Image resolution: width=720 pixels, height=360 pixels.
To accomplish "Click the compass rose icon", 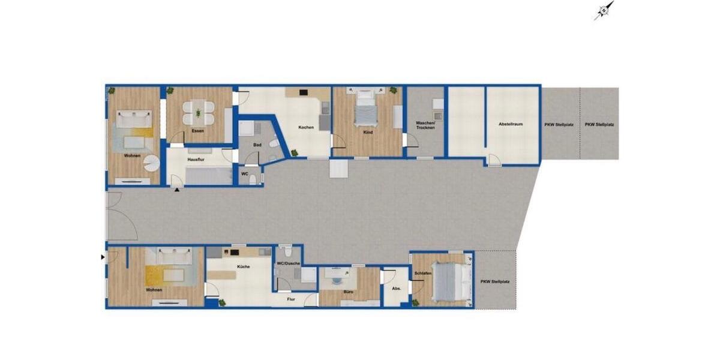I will pos(604,10).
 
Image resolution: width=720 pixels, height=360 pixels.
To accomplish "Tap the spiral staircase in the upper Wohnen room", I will pos(154,162).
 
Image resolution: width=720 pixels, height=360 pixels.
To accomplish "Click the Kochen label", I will pos(306,127).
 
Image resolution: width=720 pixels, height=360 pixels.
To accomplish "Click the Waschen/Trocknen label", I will pos(425,126).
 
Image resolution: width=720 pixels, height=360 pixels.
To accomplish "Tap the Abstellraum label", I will pos(511,124).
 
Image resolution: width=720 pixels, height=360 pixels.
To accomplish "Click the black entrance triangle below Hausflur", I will pos(177,190).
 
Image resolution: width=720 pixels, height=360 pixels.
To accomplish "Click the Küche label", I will pos(243,266).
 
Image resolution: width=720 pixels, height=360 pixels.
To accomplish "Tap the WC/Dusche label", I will pos(287,264).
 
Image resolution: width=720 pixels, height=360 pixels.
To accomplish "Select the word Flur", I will pos(291,298).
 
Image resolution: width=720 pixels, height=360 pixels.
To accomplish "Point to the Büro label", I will pos(348,292).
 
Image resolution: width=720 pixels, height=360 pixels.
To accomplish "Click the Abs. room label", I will pos(396,289).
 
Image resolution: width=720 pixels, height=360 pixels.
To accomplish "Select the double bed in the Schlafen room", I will pos(448,281).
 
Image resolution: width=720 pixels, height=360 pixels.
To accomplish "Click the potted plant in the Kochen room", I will pos(295,153).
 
